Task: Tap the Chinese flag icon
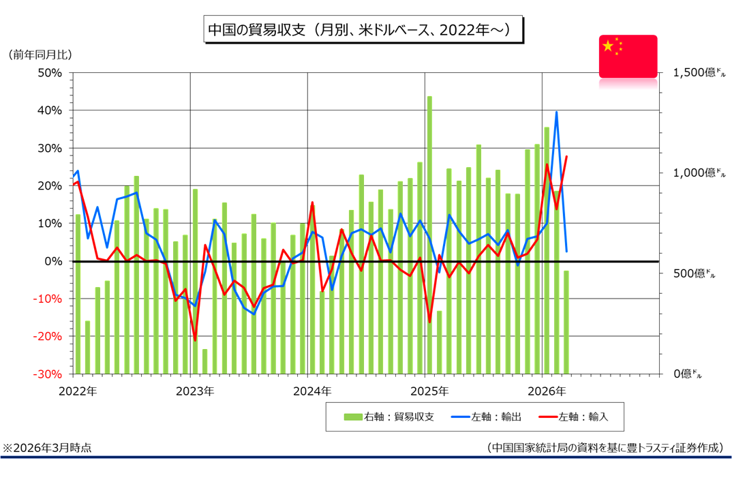point(628,57)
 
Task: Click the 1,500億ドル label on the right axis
point(699,73)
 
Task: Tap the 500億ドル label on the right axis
point(694,273)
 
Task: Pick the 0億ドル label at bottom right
point(687,374)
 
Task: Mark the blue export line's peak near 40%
point(557,112)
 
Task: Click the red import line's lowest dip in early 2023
point(195,340)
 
